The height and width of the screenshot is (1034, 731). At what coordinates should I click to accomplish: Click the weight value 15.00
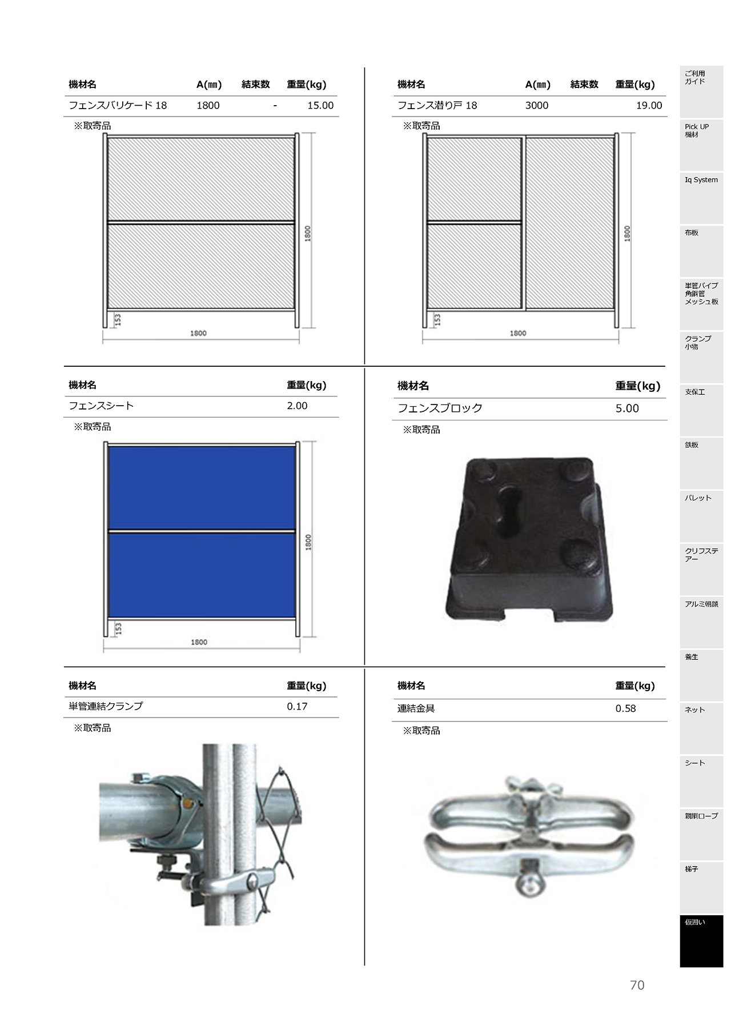[320, 106]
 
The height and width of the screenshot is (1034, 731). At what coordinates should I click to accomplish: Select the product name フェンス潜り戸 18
[437, 106]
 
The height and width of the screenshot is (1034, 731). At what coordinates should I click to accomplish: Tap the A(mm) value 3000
[537, 106]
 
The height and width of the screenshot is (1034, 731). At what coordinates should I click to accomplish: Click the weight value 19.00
[649, 106]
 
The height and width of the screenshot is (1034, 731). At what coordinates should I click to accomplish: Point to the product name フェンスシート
[101, 406]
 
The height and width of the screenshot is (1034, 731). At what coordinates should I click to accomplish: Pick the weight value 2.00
[297, 406]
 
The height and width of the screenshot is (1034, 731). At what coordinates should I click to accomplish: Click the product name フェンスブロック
[440, 408]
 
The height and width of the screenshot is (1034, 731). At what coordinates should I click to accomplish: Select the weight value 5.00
[627, 408]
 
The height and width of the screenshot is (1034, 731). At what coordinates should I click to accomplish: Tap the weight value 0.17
[297, 707]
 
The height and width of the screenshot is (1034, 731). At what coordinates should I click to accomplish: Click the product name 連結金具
[416, 709]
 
